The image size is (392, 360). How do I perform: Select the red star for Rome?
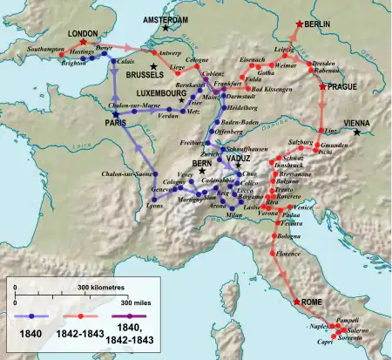pyautogui.click(x=298, y=302)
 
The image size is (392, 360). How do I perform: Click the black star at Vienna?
pyautogui.click(x=359, y=132)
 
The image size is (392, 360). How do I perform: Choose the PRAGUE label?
pyautogui.click(x=342, y=88)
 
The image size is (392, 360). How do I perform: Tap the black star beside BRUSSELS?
pyautogui.click(x=153, y=66)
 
